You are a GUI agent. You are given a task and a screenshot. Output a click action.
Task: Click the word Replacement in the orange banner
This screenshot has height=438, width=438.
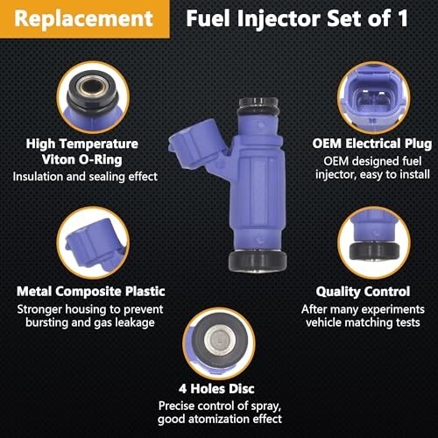(x=84, y=18)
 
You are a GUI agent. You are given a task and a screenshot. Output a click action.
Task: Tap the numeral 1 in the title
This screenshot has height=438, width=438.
(x=403, y=18)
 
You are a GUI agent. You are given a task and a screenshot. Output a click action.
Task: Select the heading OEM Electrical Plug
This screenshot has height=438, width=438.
(x=372, y=144)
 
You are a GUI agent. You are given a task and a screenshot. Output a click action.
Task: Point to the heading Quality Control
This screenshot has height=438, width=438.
(x=363, y=292)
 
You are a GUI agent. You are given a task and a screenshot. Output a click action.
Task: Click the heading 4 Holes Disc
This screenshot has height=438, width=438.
(x=216, y=389)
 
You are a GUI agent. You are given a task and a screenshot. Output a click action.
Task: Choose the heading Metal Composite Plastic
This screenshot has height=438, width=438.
(x=91, y=292)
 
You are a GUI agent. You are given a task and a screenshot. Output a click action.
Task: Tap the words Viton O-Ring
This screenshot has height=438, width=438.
(x=81, y=159)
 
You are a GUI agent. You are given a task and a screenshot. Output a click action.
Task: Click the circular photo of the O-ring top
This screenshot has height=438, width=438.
(x=93, y=97)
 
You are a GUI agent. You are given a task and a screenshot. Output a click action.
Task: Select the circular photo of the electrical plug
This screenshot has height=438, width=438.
(x=373, y=98)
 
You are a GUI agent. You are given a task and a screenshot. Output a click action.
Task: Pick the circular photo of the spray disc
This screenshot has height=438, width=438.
(x=219, y=343)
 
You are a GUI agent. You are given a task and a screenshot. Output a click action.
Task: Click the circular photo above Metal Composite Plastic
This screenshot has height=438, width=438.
(x=93, y=243)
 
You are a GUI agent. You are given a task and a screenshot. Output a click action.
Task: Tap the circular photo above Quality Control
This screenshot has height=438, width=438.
(x=374, y=243)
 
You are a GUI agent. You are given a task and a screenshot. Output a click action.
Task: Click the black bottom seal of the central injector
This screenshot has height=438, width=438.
(x=258, y=261)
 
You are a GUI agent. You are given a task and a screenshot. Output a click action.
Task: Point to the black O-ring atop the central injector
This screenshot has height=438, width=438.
(x=258, y=108)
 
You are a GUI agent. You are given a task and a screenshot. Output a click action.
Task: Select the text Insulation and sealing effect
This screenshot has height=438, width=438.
(x=85, y=177)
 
